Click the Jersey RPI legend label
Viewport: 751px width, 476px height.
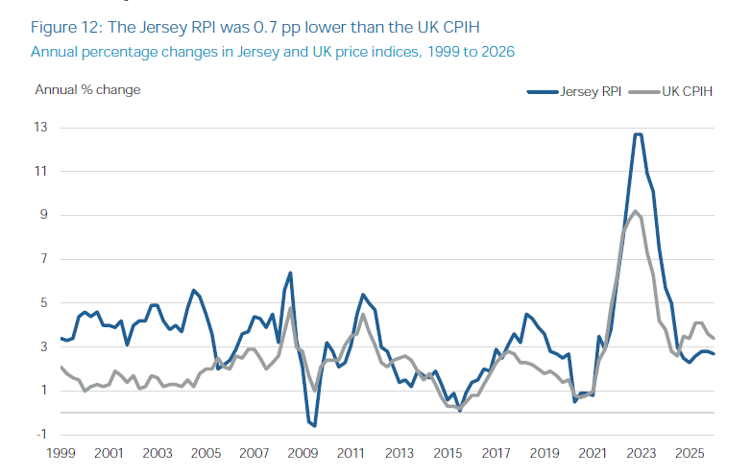tap(591, 91)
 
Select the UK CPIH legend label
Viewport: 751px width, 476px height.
tap(688, 91)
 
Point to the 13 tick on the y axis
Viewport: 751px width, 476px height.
tap(40, 128)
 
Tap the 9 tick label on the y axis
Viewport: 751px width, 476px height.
tap(43, 214)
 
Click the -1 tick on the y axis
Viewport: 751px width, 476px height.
tap(41, 434)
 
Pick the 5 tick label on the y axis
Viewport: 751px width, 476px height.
tap(43, 302)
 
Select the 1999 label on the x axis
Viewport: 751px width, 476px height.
tap(61, 453)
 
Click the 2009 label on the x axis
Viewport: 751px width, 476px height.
tap(303, 453)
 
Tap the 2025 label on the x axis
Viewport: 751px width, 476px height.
tap(690, 453)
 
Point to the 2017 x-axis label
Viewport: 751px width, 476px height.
tap(497, 453)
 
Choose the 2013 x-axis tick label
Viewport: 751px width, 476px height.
tap(400, 453)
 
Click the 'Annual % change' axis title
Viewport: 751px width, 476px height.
tap(87, 90)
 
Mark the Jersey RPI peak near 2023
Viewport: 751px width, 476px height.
tap(638, 134)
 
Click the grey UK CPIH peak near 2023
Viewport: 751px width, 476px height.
tap(635, 211)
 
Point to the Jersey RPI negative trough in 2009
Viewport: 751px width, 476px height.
tap(315, 425)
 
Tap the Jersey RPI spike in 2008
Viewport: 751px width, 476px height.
tap(290, 274)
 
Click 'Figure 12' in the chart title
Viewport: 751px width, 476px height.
tap(66, 27)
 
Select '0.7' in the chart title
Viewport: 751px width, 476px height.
tap(265, 27)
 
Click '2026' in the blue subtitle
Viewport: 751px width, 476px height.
tap(498, 52)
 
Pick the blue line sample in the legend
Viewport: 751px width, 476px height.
tap(543, 92)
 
